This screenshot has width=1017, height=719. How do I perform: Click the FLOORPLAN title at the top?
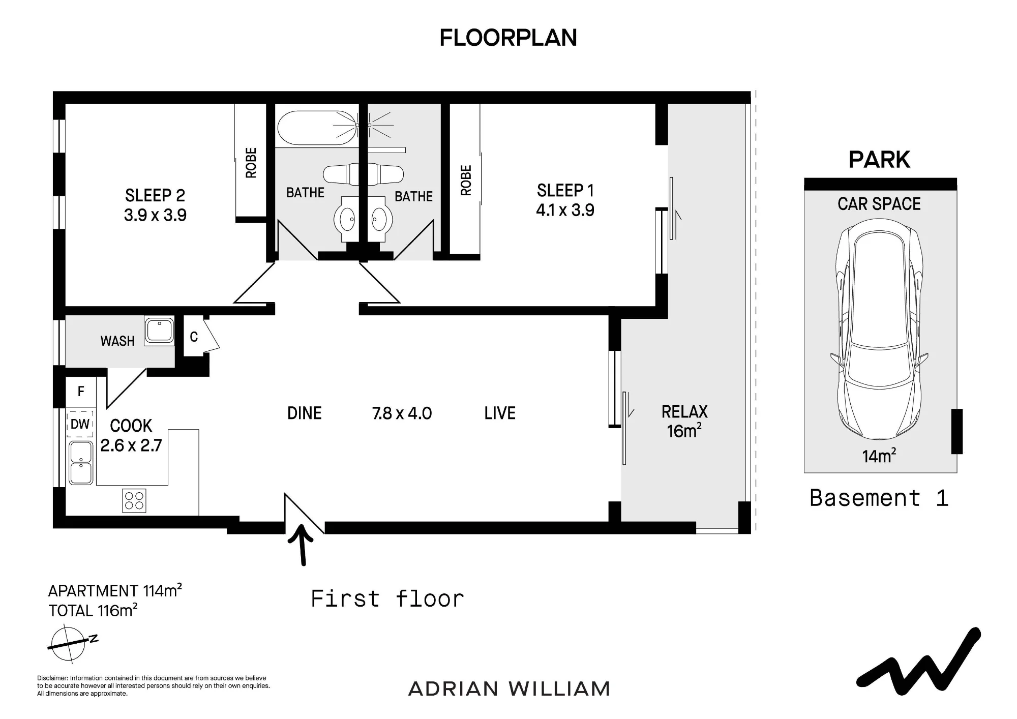click(x=508, y=38)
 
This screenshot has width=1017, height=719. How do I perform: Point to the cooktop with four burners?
click(x=134, y=500)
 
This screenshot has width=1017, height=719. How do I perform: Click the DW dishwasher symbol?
click(x=80, y=424)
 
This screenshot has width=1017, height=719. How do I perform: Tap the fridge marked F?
click(x=80, y=392)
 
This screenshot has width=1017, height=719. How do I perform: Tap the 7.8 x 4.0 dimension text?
click(x=402, y=413)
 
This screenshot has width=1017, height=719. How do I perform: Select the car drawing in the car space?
click(x=879, y=329)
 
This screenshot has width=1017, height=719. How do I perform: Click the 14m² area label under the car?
click(x=879, y=456)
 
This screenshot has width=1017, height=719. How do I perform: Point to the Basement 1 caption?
click(x=879, y=498)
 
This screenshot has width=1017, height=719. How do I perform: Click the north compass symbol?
click(x=70, y=644)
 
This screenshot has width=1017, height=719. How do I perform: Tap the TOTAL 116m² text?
click(x=93, y=610)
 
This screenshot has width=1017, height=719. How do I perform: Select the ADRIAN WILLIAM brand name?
click(x=509, y=689)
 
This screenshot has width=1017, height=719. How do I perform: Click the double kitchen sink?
click(x=81, y=463)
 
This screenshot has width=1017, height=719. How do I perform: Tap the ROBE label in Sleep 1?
click(x=466, y=181)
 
